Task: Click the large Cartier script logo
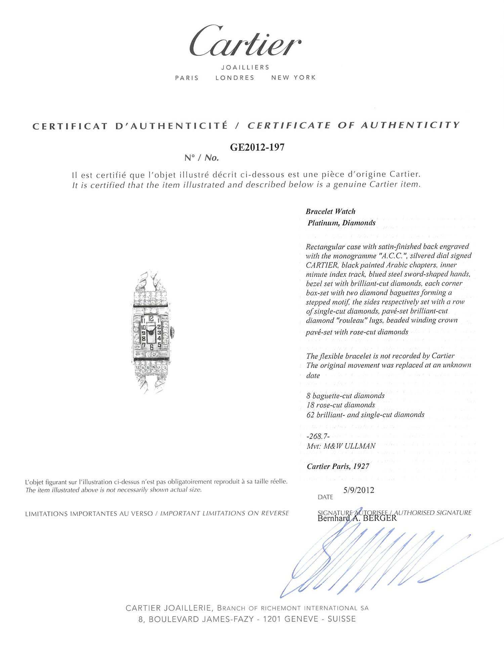tap(245, 42)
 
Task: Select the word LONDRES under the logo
tap(235, 78)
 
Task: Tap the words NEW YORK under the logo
tap(293, 78)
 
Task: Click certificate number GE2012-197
tap(257, 147)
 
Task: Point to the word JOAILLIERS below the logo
tap(245, 67)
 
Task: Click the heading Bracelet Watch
tap(330, 211)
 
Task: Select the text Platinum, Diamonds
tap(341, 223)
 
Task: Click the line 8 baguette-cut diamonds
tap(345, 396)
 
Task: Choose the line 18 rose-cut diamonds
tap(340, 405)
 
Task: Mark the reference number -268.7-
tap(318, 436)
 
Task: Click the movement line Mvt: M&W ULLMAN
tap(341, 446)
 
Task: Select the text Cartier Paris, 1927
tap(338, 466)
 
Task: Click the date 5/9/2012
tap(359, 490)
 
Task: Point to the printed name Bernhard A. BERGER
tap(357, 518)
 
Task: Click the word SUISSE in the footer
tap(341, 619)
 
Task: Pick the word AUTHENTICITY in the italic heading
tap(410, 125)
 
